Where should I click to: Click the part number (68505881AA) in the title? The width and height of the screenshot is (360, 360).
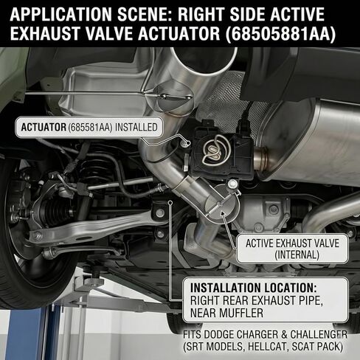[x=280, y=33]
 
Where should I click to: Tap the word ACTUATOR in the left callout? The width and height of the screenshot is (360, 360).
[x=44, y=127]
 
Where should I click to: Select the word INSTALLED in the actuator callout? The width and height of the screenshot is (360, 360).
[x=136, y=127]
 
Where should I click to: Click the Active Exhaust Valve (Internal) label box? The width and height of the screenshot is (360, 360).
[x=292, y=249]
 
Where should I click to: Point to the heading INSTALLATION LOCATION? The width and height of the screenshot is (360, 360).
[x=254, y=288]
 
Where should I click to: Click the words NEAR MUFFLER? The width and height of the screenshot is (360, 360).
[x=226, y=313]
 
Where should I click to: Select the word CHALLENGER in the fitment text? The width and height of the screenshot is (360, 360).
[x=319, y=334]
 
